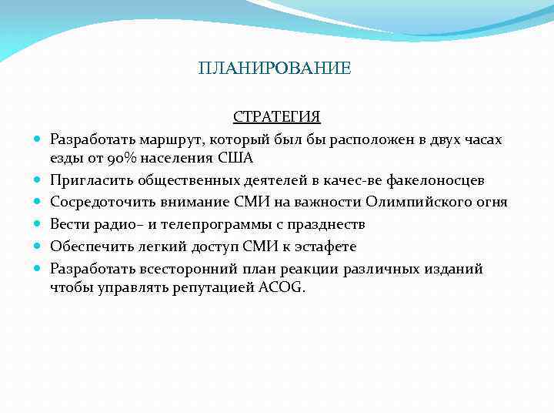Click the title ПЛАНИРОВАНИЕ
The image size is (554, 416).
point(274,69)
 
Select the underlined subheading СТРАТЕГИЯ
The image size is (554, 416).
point(277,117)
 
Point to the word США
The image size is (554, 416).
point(235,158)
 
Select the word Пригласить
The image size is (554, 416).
point(92,180)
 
